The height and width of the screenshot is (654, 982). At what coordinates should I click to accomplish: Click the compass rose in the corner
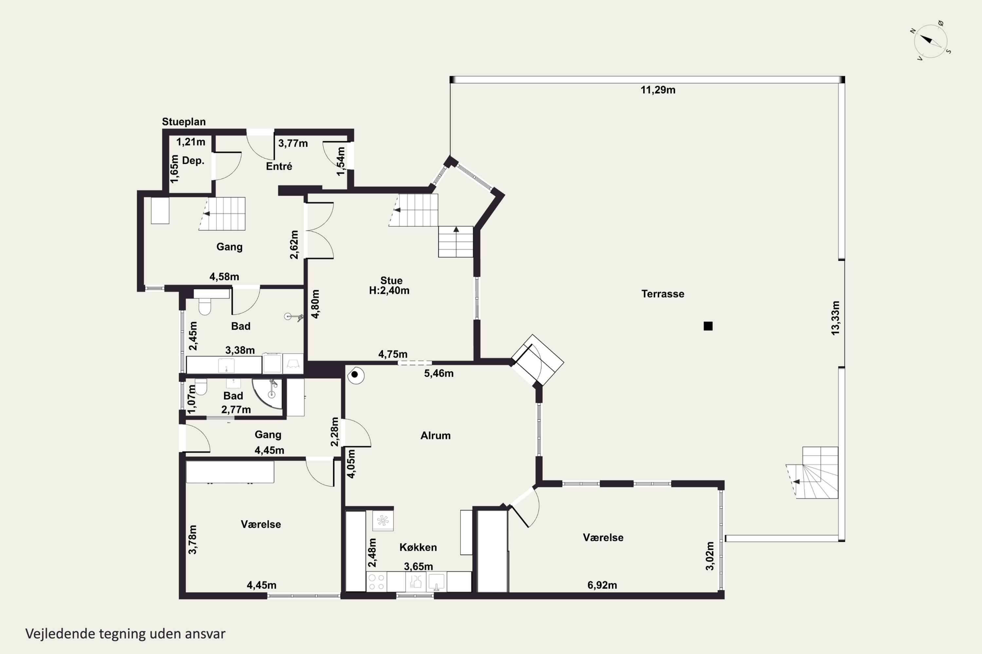pos(930,41)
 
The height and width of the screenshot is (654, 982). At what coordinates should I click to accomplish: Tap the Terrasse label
pos(663,294)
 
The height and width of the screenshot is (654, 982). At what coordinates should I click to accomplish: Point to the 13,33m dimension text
pos(835,318)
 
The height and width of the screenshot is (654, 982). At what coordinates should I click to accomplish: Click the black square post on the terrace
pos(708,326)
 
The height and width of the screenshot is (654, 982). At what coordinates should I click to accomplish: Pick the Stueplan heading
pos(184,122)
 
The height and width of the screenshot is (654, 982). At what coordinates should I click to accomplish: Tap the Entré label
pos(279,166)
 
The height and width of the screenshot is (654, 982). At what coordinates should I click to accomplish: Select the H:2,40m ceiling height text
pos(389,291)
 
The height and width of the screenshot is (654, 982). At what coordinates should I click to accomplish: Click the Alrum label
pos(435,436)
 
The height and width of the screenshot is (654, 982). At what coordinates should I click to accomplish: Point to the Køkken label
pos(418,547)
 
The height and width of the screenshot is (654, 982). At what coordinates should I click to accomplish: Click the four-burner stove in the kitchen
pos(376,581)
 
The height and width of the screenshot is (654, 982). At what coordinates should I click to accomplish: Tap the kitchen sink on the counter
pos(436,581)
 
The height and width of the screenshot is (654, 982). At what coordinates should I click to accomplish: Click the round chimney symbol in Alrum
pos(355,375)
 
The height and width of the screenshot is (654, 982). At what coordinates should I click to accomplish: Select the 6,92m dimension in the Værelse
pos(602,585)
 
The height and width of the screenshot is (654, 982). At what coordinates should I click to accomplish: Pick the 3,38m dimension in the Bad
pos(240,350)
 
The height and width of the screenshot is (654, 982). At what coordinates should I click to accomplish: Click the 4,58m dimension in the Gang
pos(224,277)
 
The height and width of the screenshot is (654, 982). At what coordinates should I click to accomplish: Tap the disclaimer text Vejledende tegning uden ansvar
pos(125,634)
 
